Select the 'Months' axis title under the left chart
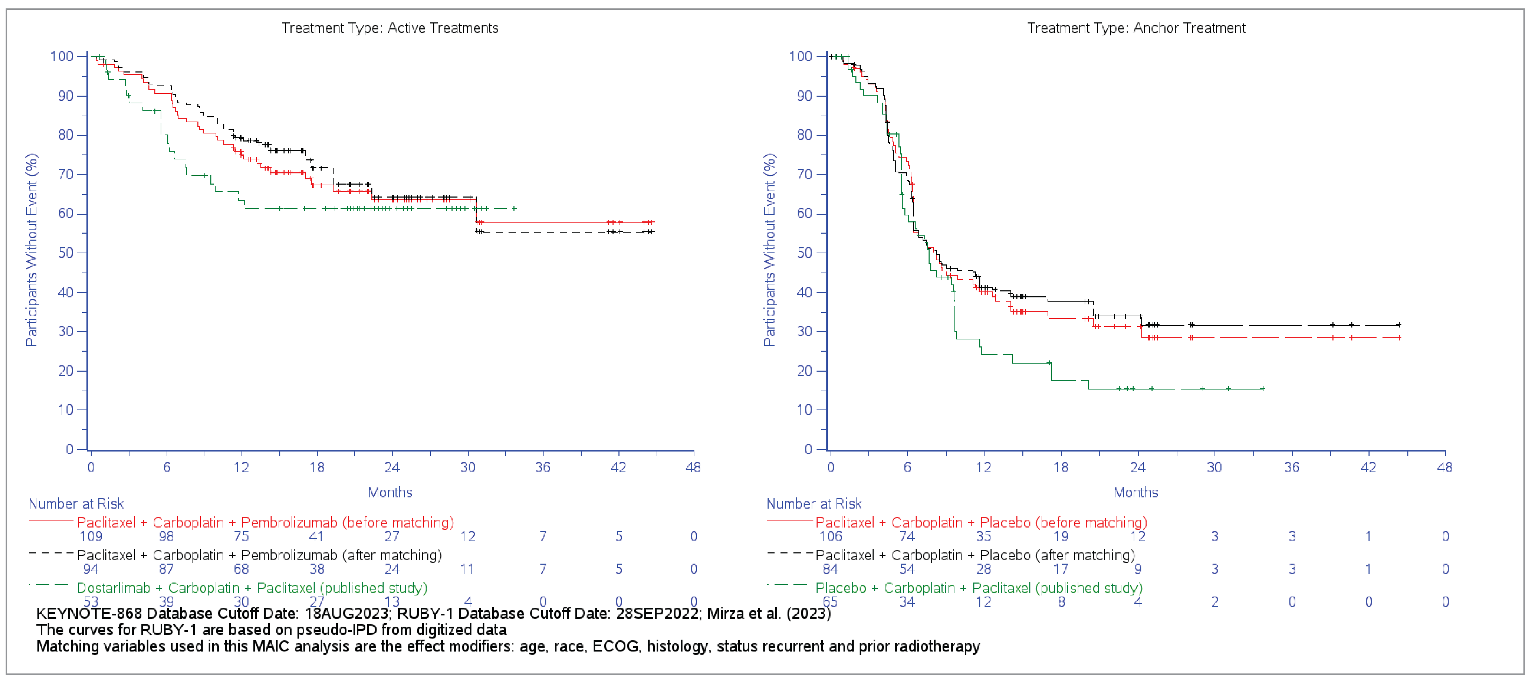(390, 492)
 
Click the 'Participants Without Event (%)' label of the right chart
(770, 250)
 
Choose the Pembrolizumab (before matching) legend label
(265, 522)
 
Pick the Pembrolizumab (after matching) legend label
(259, 555)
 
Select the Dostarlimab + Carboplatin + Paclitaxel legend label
(252, 588)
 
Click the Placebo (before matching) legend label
(981, 522)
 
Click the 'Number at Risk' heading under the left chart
(76, 504)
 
